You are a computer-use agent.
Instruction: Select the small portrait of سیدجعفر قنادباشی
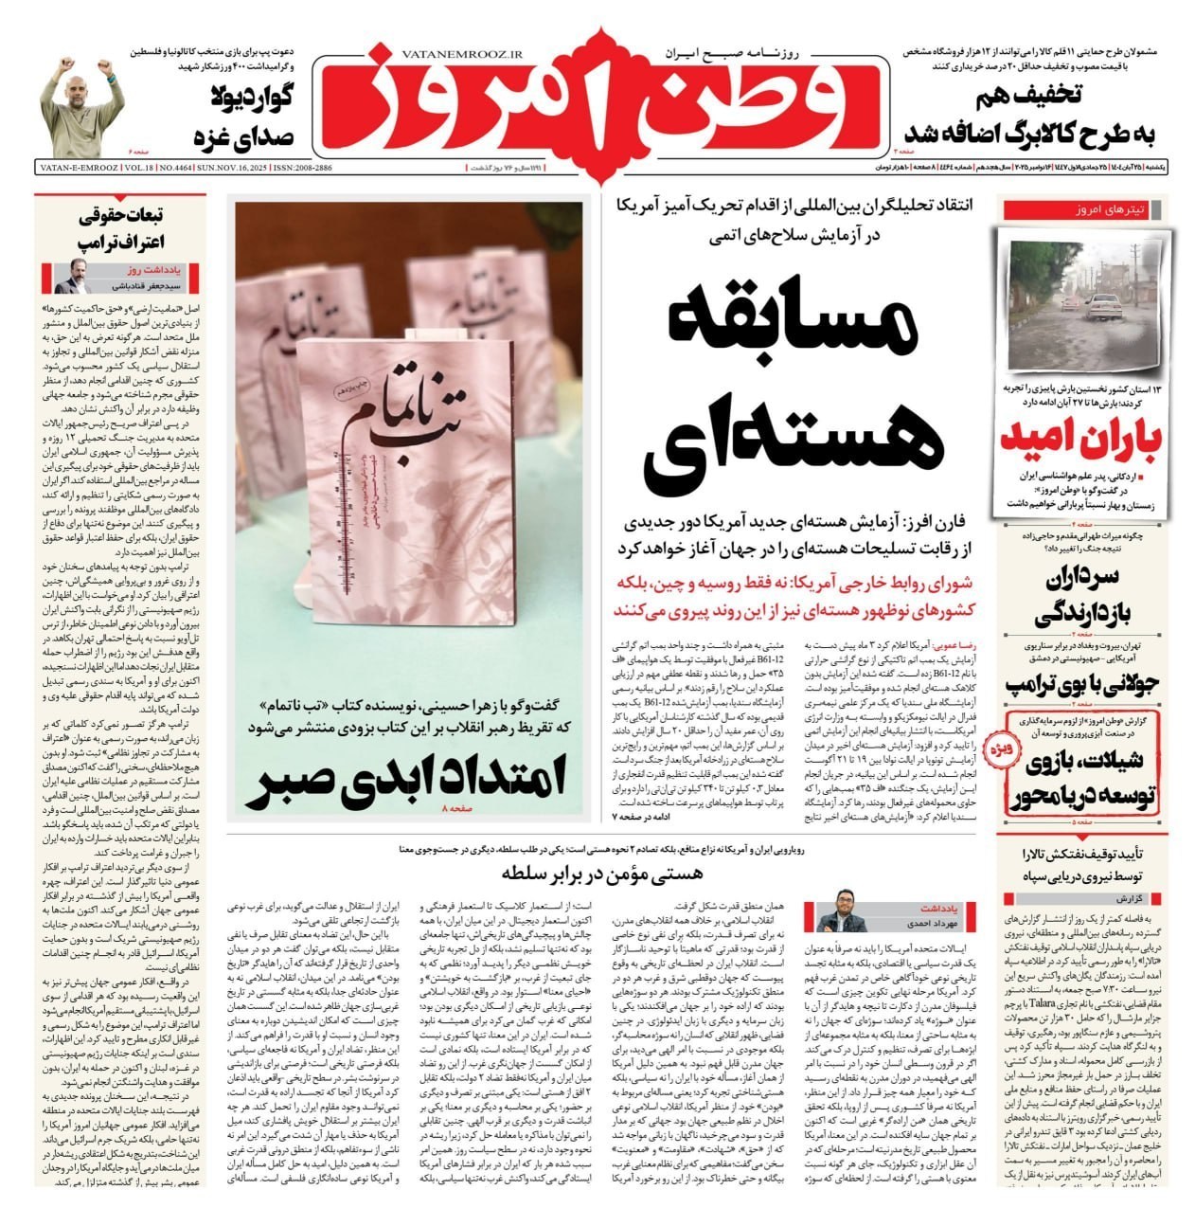click(67, 277)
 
